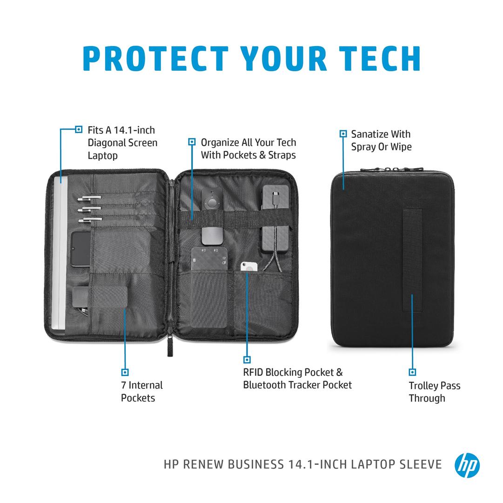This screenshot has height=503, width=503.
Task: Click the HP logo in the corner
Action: pyautogui.click(x=467, y=465)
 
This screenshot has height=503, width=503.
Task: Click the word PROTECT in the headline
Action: pyautogui.click(x=155, y=58)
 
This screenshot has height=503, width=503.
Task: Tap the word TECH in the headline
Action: pyautogui.click(x=380, y=58)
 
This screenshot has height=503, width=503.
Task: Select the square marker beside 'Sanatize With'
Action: pyautogui.click(x=343, y=134)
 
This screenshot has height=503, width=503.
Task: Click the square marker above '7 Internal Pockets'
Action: pyautogui.click(x=125, y=372)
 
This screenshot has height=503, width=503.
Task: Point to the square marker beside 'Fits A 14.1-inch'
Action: pyautogui.click(x=79, y=129)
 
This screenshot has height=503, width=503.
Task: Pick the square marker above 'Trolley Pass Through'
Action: pyautogui.click(x=412, y=372)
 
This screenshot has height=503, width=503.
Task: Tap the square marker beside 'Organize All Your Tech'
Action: pyautogui.click(x=192, y=142)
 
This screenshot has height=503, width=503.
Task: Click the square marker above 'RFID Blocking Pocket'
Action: pyautogui.click(x=247, y=360)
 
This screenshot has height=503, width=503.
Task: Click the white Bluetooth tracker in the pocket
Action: pyautogui.click(x=248, y=266)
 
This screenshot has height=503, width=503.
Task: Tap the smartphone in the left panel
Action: pyautogui.click(x=80, y=249)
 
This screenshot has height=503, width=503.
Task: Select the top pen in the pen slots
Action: pyautogui.click(x=89, y=198)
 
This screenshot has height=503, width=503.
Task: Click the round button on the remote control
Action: pyautogui.click(x=211, y=203)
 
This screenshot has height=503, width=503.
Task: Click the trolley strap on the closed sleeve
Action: pyautogui.click(x=412, y=260)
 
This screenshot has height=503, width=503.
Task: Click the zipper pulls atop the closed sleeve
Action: pyautogui.click(x=391, y=169)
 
